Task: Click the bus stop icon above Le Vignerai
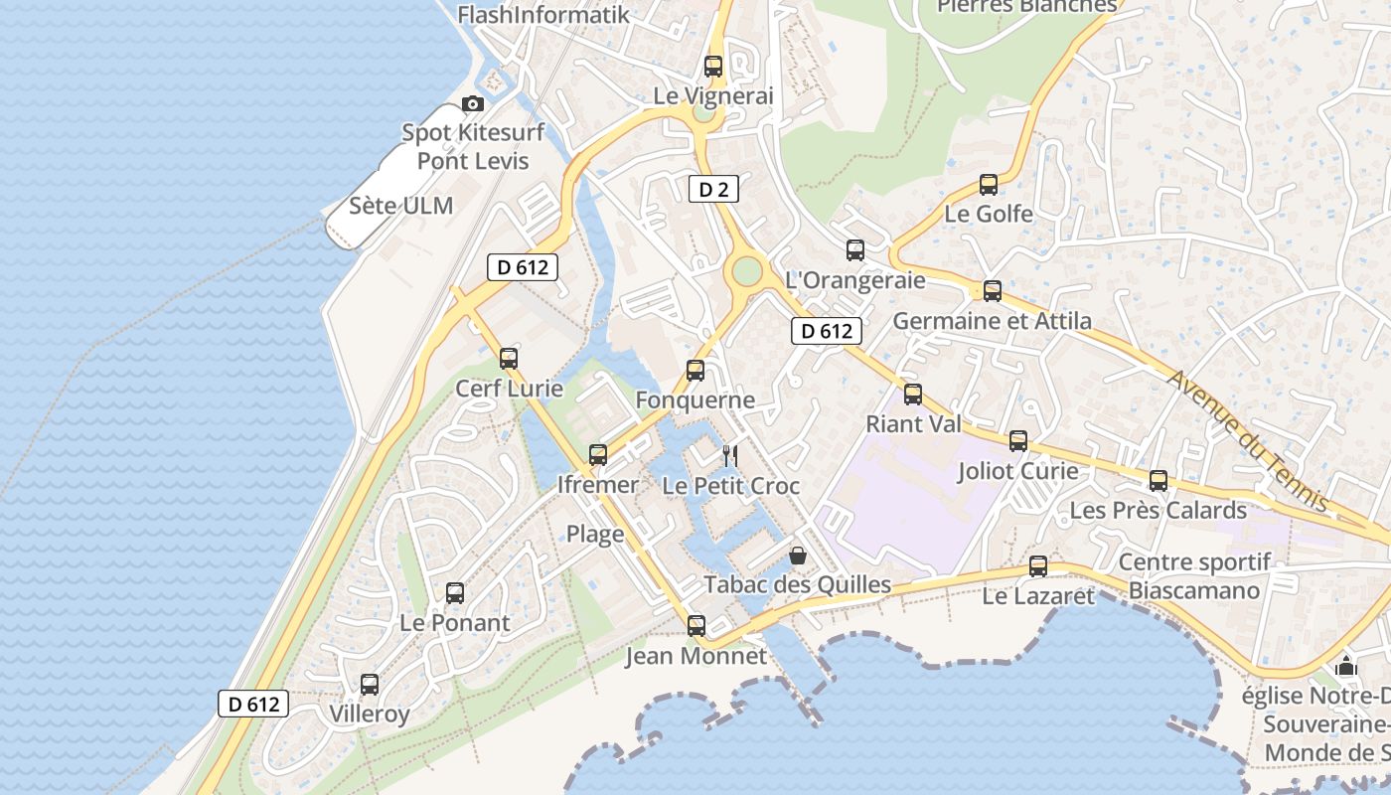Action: tap(713, 67)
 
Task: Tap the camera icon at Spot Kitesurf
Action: tap(473, 103)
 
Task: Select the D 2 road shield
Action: tap(713, 189)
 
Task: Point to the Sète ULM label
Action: tap(401, 206)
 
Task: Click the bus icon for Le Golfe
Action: tap(989, 185)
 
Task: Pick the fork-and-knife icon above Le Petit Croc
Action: tap(730, 456)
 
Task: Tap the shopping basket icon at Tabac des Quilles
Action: tap(797, 556)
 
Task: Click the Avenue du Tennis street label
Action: tap(1247, 440)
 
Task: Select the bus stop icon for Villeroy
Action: tap(370, 685)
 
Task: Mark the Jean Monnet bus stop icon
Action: tap(696, 626)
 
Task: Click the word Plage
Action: tap(595, 534)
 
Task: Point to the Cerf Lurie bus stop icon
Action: tap(509, 359)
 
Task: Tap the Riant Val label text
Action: tap(913, 424)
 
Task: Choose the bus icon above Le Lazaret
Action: tap(1038, 566)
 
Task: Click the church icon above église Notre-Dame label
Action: tap(1346, 665)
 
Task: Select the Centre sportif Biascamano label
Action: tap(1194, 576)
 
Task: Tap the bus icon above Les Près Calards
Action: tap(1159, 481)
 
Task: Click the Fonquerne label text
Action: tap(695, 400)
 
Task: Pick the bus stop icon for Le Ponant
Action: tap(455, 593)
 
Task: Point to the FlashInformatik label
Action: tap(542, 14)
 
